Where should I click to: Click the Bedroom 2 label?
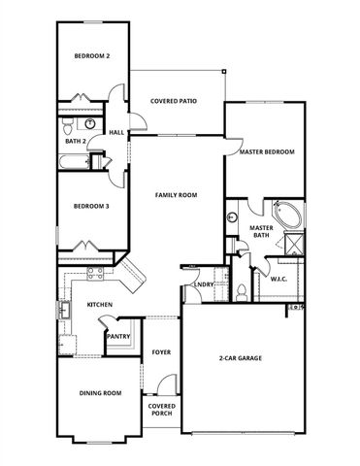[x=92, y=56]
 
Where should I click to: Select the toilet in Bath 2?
[x=66, y=125]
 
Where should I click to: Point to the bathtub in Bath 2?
[x=72, y=160]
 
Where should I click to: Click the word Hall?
[x=116, y=133]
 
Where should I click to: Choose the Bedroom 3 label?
[x=92, y=206]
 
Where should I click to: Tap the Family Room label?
[x=177, y=195]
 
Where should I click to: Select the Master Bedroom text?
[x=266, y=152]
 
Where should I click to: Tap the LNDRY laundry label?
[x=204, y=283]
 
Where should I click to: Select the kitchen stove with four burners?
[x=95, y=275]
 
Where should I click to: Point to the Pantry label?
[x=119, y=336]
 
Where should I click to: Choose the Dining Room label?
[x=99, y=392]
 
